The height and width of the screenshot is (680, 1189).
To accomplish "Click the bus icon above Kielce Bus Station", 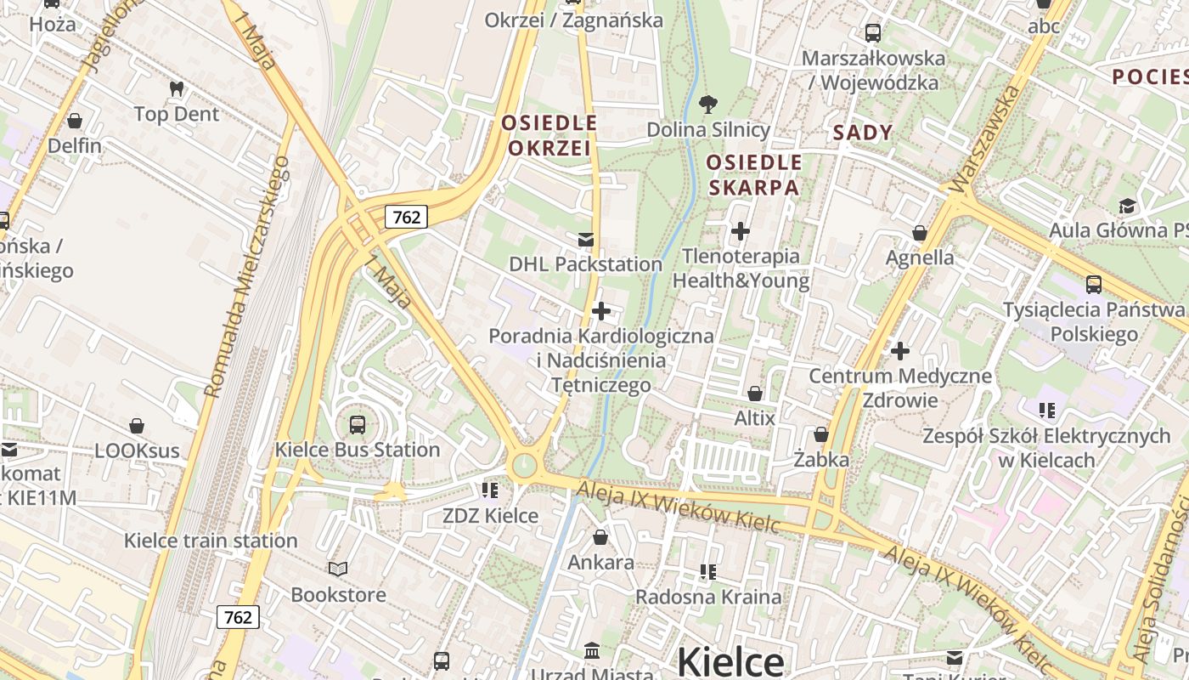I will [358, 424].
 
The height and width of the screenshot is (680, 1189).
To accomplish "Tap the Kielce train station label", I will [211, 541].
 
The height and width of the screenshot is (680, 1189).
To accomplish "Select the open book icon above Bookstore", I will [338, 569].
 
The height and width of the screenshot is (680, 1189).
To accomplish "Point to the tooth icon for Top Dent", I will [177, 88].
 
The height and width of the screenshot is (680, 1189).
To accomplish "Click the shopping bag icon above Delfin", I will [75, 121].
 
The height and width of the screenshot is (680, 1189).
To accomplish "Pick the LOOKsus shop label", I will [137, 450].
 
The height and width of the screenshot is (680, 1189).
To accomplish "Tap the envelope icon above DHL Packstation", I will [586, 240].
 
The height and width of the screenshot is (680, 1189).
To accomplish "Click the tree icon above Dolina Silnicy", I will [707, 105].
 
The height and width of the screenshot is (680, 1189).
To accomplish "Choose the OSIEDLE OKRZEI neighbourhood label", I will [549, 135].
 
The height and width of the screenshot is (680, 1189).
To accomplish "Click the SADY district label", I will [863, 133].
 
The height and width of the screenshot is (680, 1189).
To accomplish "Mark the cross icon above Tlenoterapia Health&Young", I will [741, 230].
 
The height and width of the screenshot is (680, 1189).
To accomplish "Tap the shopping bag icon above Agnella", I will [919, 233].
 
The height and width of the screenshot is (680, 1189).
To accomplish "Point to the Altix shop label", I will [754, 418].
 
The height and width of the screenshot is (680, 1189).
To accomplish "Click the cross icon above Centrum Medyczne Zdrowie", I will [900, 350].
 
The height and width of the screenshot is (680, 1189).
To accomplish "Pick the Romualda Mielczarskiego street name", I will [248, 277].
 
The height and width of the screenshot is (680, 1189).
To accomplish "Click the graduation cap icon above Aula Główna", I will [1127, 206].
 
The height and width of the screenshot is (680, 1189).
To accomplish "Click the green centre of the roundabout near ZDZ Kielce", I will [525, 465].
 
